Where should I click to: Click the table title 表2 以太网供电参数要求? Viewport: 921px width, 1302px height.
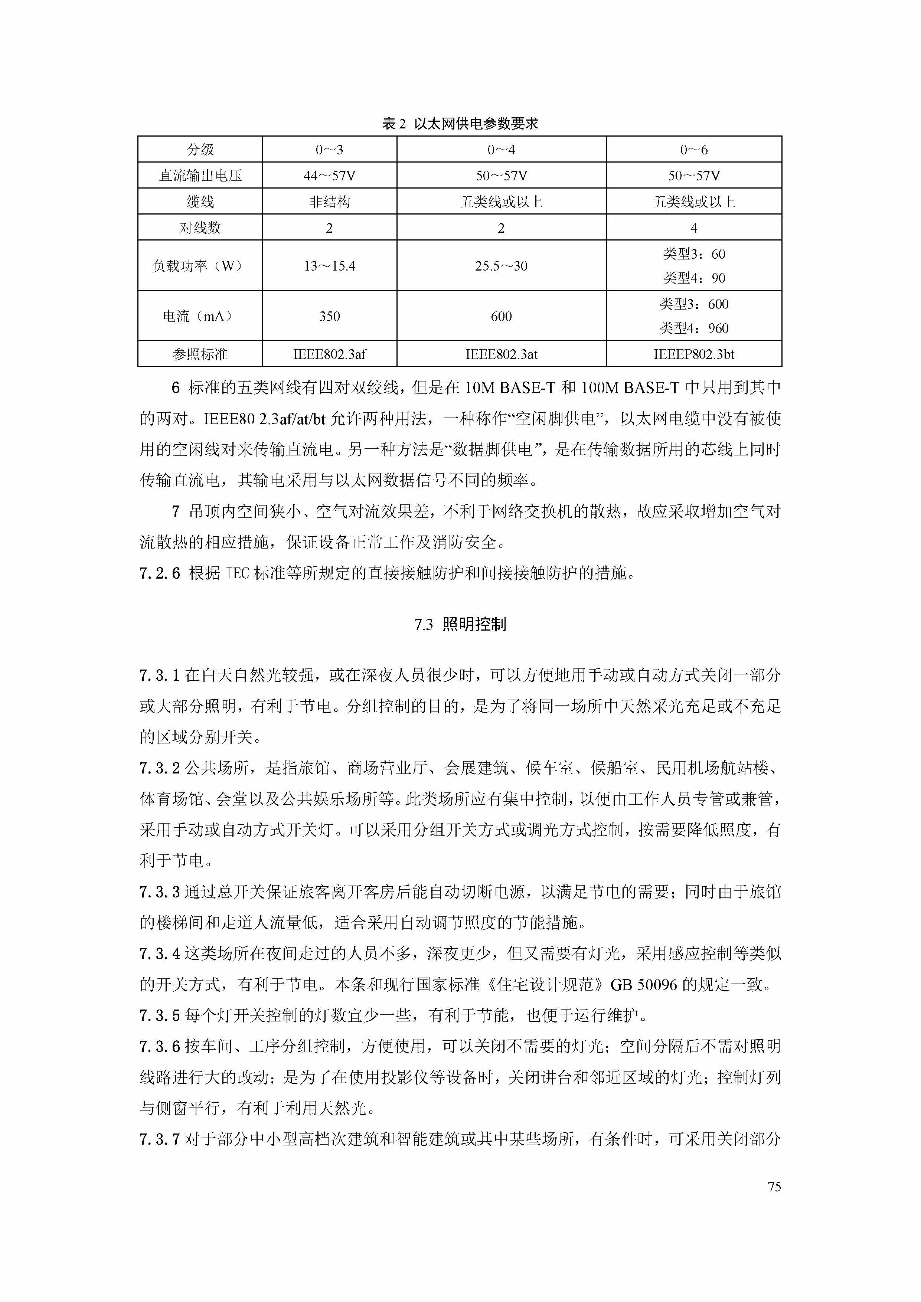[460, 124]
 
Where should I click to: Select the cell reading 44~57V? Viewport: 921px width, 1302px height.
[330, 176]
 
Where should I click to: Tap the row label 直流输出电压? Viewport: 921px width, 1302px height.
[200, 176]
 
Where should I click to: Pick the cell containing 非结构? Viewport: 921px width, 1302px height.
[330, 202]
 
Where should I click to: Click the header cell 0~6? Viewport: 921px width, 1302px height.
[693, 150]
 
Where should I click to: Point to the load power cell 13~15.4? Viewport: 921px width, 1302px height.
[330, 266]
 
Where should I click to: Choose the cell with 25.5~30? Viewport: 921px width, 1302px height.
[501, 266]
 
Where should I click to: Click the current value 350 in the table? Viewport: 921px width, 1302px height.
[330, 317]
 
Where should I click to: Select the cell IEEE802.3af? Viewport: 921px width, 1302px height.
[330, 354]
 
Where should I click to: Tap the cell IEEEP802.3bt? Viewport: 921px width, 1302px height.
[693, 354]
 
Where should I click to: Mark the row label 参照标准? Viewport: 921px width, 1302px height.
[200, 354]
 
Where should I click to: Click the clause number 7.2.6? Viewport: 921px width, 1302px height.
[159, 573]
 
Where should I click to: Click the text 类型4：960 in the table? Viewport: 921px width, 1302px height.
[693, 328]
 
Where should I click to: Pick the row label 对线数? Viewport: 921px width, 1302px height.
[200, 228]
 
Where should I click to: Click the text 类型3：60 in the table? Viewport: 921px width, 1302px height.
[693, 254]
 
